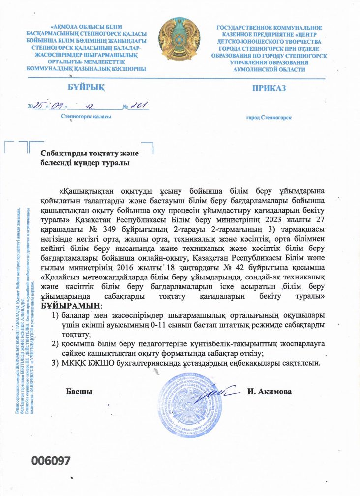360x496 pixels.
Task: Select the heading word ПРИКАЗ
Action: [269, 88]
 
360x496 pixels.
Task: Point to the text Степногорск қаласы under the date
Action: [86, 117]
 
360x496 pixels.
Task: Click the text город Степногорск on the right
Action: [269, 118]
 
